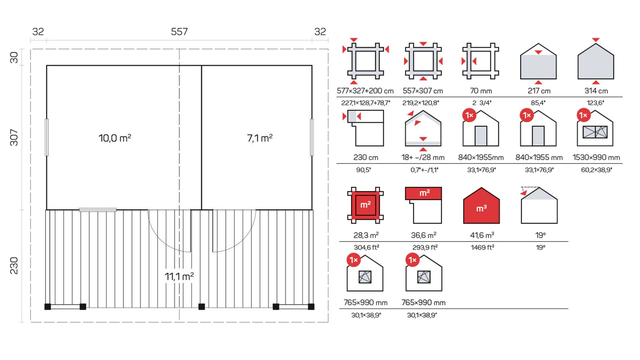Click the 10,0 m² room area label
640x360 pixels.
[115, 138]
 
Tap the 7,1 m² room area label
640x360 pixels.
[260, 138]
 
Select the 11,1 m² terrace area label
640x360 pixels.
[179, 276]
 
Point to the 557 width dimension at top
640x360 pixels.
[179, 32]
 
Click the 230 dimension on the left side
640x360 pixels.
[14, 265]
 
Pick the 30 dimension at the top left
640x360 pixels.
[14, 57]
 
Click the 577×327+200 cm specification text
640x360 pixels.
[365, 91]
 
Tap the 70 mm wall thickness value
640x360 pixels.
[481, 91]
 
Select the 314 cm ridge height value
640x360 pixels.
[596, 91]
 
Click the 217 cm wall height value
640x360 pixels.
[539, 91]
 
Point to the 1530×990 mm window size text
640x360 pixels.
[596, 157]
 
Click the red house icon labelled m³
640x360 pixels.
[481, 205]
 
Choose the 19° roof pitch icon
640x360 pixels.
[539, 205]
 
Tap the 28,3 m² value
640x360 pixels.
[366, 235]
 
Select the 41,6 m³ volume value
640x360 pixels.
[482, 235]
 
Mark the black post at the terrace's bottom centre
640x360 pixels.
[202, 307]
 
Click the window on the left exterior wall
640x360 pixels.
[47, 137]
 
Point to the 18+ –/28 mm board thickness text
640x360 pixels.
[423, 157]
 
